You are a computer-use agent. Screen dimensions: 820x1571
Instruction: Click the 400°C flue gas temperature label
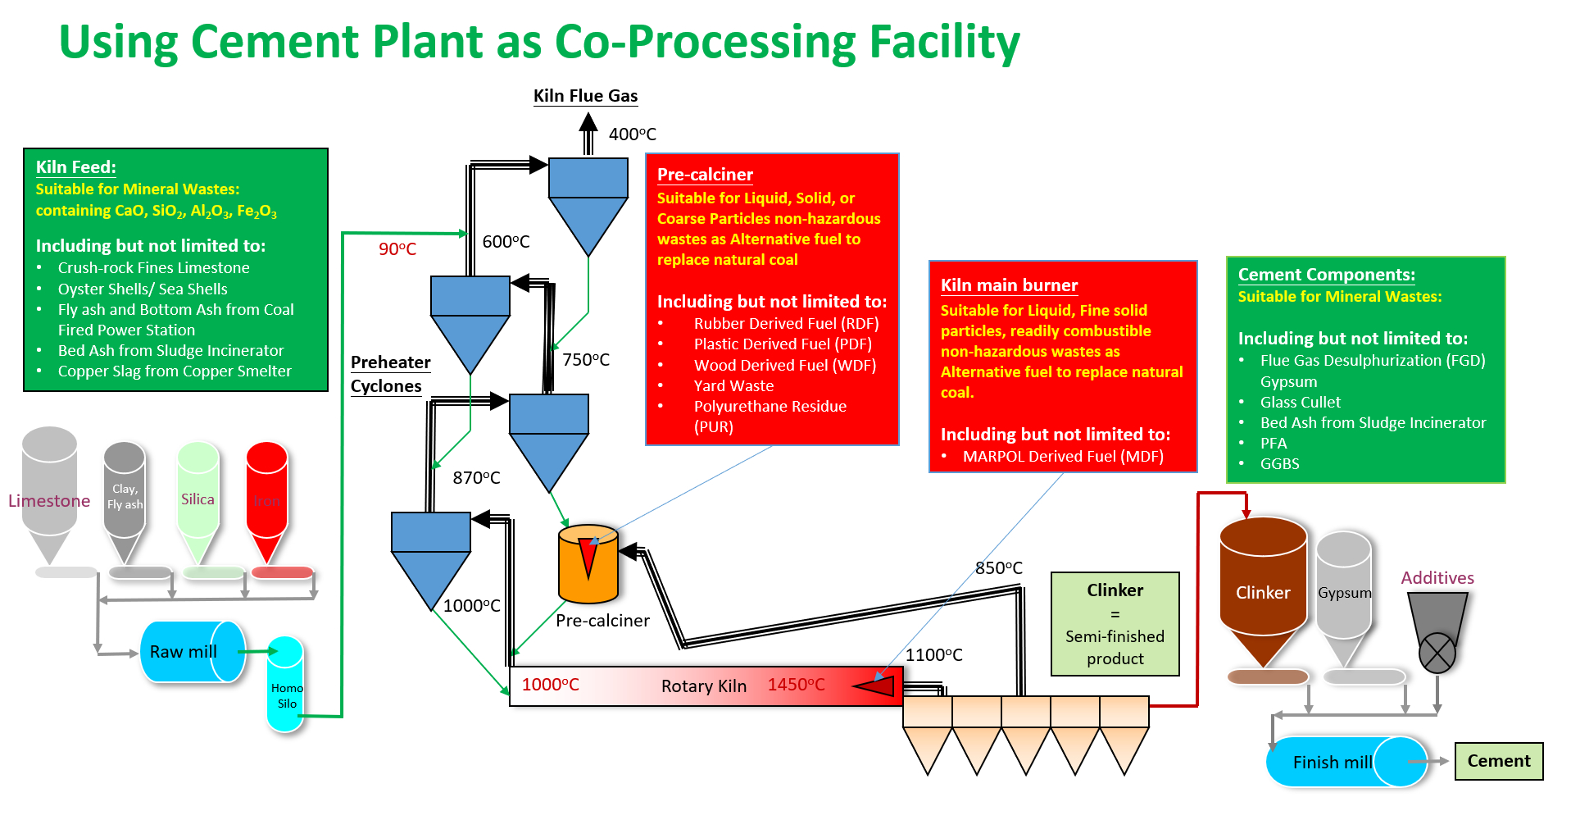point(632,134)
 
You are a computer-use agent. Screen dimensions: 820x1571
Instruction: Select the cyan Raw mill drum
point(192,652)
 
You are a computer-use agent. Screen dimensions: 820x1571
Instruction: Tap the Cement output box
point(1498,761)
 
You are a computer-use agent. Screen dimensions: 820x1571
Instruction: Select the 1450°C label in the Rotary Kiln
point(796,685)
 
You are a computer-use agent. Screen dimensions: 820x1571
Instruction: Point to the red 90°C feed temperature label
point(397,248)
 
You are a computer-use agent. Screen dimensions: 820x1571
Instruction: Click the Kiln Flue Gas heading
point(585,96)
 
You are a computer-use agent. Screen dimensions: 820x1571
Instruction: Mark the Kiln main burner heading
point(1009,285)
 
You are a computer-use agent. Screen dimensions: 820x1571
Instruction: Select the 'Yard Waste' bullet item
point(733,385)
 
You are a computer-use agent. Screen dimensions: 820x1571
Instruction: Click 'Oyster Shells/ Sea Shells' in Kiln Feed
point(143,289)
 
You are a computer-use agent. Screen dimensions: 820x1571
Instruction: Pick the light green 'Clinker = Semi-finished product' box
point(1115,624)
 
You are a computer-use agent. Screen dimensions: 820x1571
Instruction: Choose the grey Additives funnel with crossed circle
point(1437,631)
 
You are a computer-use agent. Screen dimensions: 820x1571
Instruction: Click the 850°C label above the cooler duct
point(998,567)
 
